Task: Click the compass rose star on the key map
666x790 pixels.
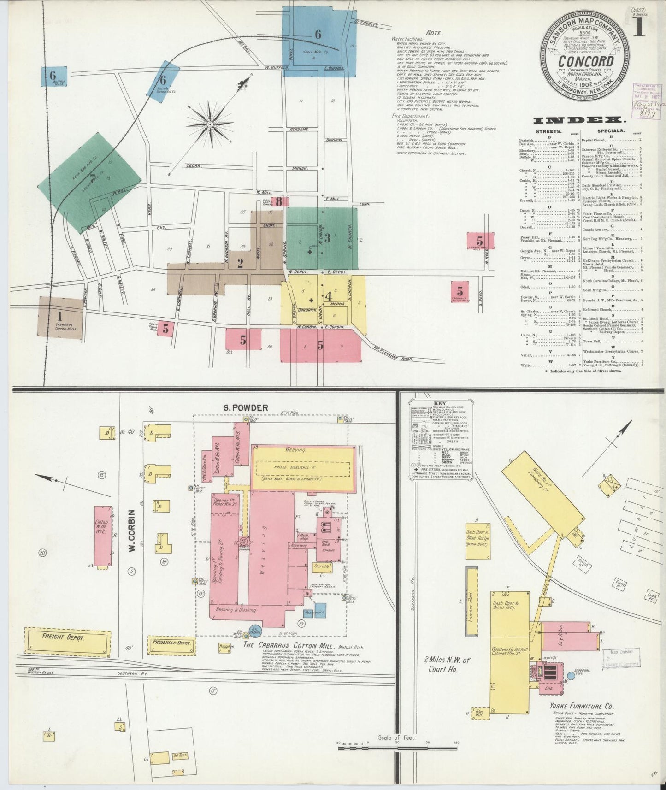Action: (210, 124)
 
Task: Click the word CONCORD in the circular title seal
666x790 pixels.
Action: (586, 62)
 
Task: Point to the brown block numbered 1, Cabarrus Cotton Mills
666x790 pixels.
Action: (60, 318)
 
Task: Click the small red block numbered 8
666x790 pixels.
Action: (279, 201)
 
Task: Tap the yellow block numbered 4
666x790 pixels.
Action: (328, 296)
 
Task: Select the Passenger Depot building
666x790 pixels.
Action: (171, 643)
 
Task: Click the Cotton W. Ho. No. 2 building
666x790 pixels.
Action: (103, 536)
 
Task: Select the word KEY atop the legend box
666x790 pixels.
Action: (437, 403)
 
